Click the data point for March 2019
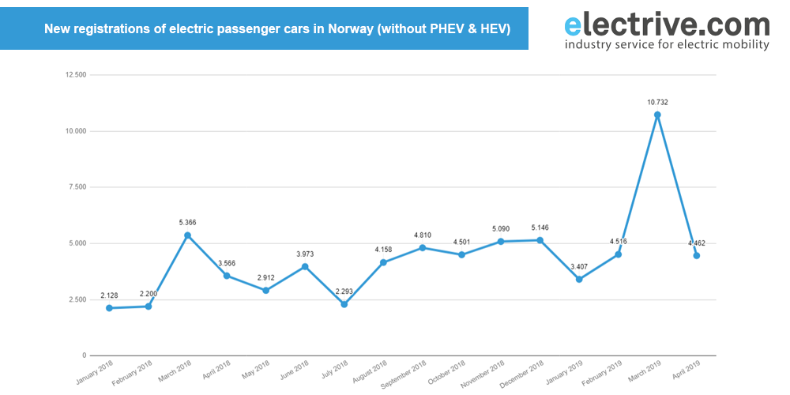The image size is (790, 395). tap(657, 115)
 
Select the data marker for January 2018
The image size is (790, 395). tap(109, 308)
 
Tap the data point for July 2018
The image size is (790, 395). tap(344, 304)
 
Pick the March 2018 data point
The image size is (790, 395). tap(187, 235)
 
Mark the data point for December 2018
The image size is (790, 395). tap(540, 240)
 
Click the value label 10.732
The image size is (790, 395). tap(657, 103)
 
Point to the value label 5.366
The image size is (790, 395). tap(187, 223)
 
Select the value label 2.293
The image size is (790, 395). tap(344, 292)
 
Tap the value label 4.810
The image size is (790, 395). tap(423, 235)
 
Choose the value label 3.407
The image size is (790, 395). tap(579, 266)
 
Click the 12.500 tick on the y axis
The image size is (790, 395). tap(76, 75)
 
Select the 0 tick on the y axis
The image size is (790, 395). tap(84, 355)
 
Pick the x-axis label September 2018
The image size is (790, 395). tap(404, 374)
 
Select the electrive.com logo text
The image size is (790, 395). tap(667, 24)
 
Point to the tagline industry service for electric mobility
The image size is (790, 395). tap(667, 45)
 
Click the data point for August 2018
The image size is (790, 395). tap(383, 262)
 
